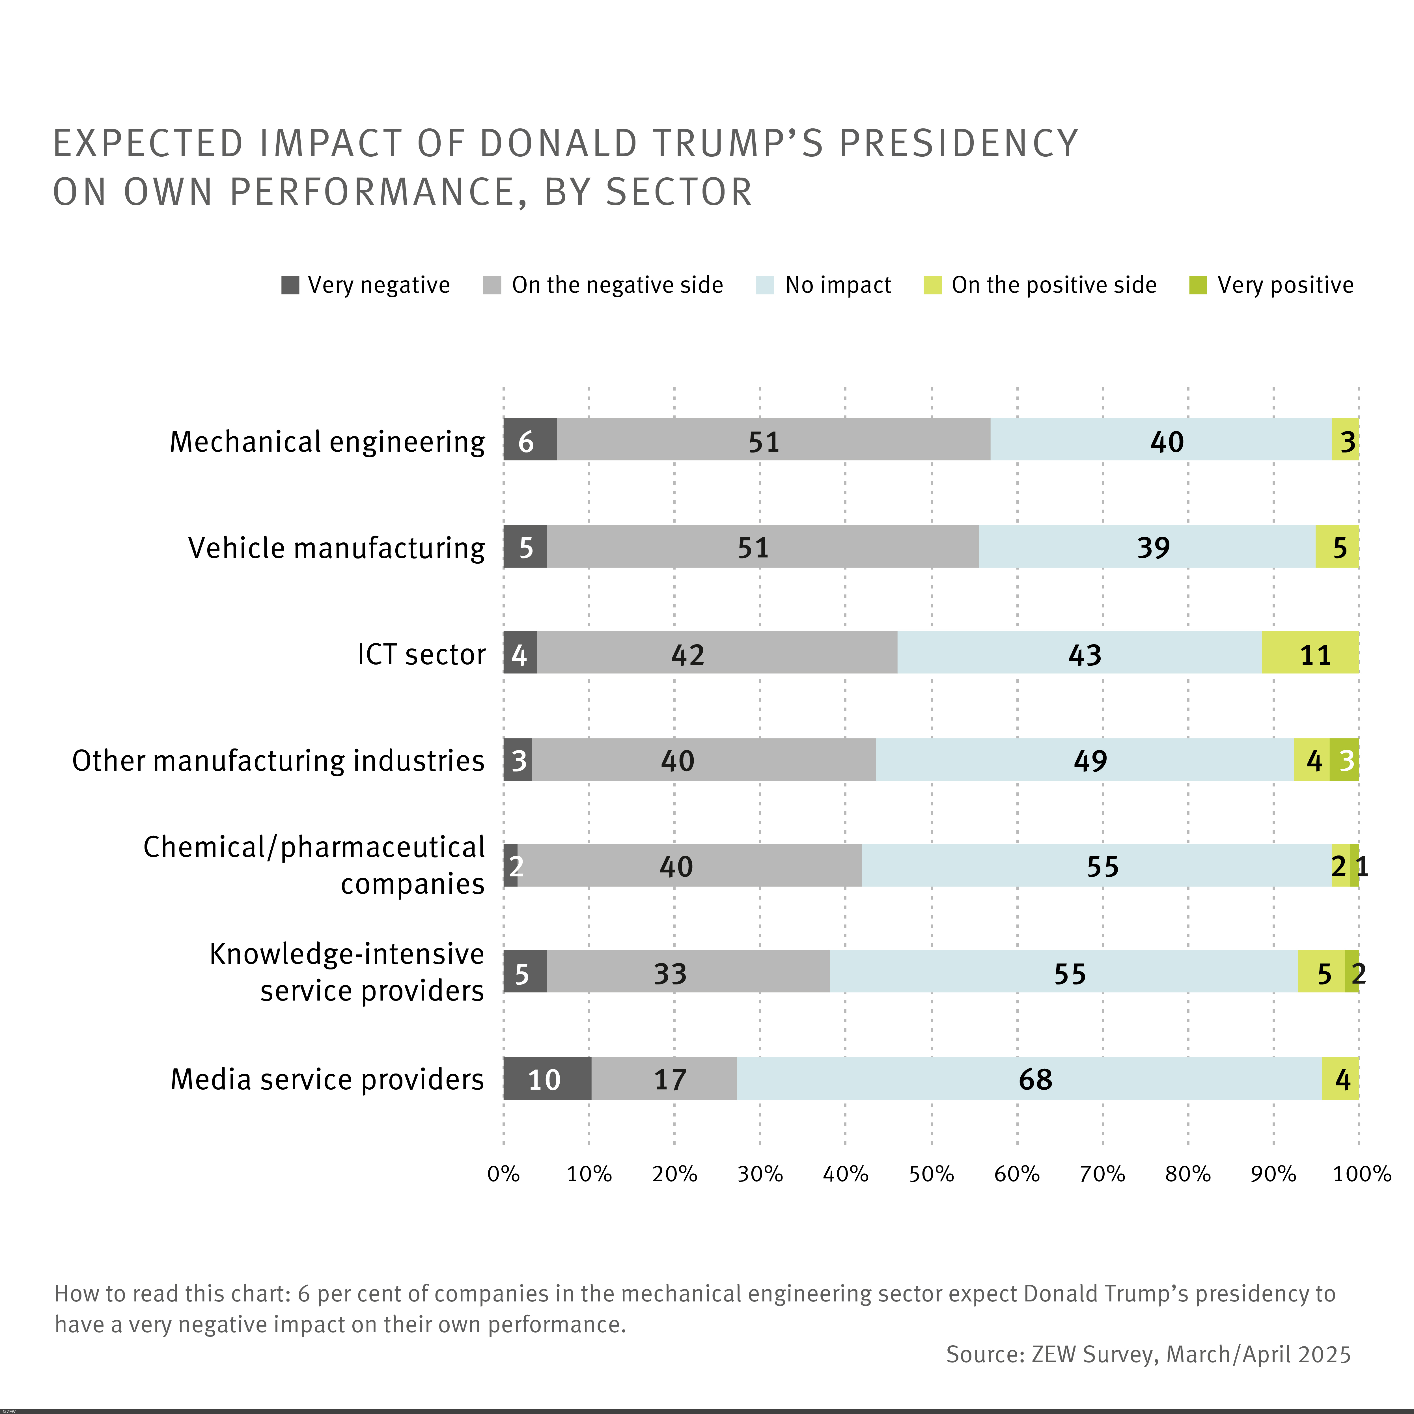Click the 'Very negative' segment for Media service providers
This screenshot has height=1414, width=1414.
pyautogui.click(x=547, y=1078)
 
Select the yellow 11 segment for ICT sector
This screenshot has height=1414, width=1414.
pyautogui.click(x=1310, y=652)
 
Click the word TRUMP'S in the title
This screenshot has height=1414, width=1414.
pyautogui.click(x=739, y=143)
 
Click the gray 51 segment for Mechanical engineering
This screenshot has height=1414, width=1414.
pyautogui.click(x=773, y=439)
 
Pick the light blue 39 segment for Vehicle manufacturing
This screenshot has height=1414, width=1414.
pyautogui.click(x=1147, y=546)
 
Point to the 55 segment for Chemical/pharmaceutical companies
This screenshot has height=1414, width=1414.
pyautogui.click(x=1096, y=865)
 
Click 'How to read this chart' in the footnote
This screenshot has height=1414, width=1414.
pyautogui.click(x=171, y=1294)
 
